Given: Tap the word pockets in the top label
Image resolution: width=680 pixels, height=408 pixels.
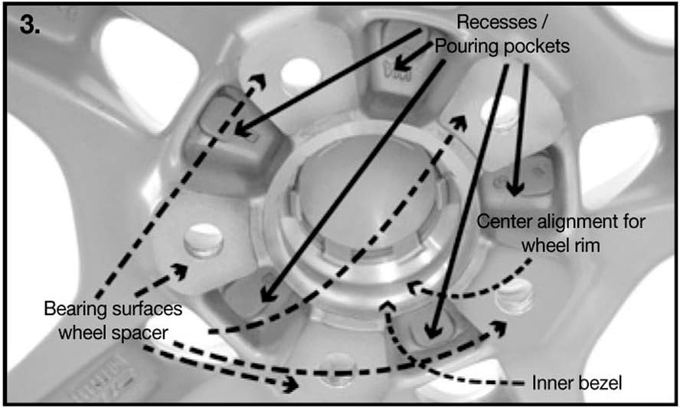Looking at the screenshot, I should click(x=536, y=46).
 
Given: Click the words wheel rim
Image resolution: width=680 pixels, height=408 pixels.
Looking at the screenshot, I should click(x=561, y=245).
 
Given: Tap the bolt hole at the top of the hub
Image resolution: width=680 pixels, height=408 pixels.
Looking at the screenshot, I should click(x=296, y=74).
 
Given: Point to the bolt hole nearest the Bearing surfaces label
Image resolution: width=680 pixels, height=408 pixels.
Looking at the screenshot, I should click(x=204, y=239).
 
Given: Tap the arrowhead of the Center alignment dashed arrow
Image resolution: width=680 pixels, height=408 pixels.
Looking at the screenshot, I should click(x=412, y=288).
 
